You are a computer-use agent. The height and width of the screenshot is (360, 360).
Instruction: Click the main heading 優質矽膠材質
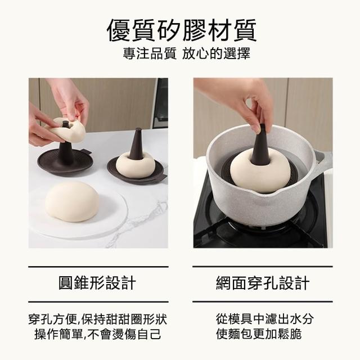pos(182,30)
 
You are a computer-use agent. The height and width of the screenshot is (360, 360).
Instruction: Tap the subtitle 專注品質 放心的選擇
pos(186,53)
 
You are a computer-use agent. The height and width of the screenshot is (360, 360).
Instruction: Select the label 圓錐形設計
pos(97,282)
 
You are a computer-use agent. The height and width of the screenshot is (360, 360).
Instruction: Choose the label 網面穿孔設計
pos(263,282)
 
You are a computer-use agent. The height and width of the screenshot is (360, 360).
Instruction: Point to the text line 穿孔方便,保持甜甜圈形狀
pos(98,319)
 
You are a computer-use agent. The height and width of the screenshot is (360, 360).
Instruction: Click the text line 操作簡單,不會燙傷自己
pos(98,334)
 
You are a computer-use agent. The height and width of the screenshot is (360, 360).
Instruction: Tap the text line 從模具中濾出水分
pos(265,319)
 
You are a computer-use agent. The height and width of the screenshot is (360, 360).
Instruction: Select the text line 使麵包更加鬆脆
pos(259,334)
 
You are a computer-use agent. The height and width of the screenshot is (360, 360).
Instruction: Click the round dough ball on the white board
pos(72,201)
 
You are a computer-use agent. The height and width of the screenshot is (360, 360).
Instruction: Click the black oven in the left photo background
pos(161,103)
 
